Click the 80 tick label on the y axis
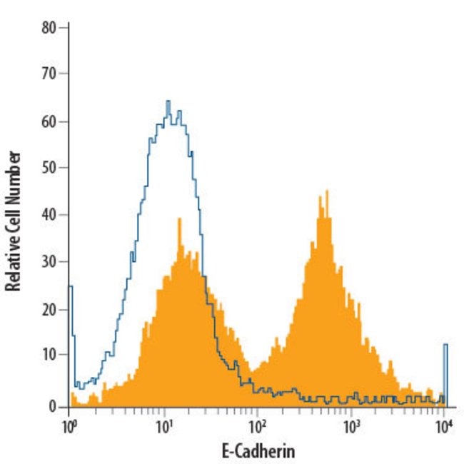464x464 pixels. (49, 27)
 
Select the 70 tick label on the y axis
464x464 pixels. (49, 74)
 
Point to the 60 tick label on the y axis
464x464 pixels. (49, 121)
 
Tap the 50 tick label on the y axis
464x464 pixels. (49, 168)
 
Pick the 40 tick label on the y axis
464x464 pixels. (49, 216)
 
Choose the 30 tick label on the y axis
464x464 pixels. (49, 263)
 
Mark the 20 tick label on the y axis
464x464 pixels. (49, 311)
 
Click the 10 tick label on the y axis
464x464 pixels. (49, 358)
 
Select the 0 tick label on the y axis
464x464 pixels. (52, 406)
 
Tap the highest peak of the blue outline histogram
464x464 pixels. (168, 101)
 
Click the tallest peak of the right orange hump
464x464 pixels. (326, 191)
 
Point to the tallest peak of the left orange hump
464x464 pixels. (180, 219)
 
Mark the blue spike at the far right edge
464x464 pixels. (445, 346)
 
